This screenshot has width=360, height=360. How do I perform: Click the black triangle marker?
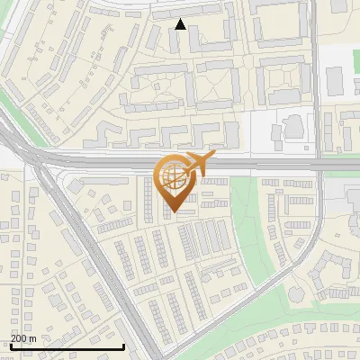[x=181, y=24]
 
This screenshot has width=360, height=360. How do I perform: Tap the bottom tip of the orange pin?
[x=173, y=213]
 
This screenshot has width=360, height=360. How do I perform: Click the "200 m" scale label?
[x=23, y=337]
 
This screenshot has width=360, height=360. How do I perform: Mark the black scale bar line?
[x=67, y=346]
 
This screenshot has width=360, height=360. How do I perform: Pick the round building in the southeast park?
[x=297, y=293]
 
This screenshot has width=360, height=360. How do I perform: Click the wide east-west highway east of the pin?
[x=270, y=166]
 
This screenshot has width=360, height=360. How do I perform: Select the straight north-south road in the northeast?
[x=318, y=72]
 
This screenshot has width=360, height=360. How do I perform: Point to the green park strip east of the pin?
[x=243, y=207]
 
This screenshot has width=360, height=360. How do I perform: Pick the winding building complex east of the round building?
[x=337, y=270]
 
